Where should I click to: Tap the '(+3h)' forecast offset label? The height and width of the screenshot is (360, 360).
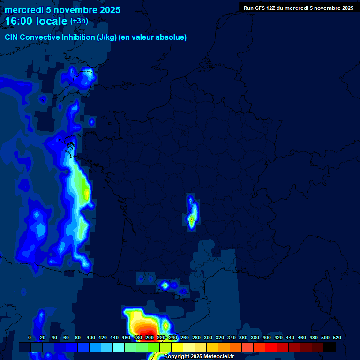[x=79, y=21]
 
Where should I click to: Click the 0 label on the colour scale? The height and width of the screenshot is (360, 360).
[x=30, y=337]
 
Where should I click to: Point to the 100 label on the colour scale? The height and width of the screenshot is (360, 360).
[x=91, y=337]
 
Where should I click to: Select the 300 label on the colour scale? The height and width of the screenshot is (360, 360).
[x=208, y=337]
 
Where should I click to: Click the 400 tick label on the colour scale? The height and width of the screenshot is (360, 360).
[x=267, y=337]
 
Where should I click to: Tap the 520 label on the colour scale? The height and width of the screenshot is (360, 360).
[x=337, y=337]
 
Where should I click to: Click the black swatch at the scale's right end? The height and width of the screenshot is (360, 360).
[x=330, y=347]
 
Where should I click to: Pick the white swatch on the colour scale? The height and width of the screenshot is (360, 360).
[x=189, y=347]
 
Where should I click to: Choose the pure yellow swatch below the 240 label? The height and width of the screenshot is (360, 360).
[x=177, y=347]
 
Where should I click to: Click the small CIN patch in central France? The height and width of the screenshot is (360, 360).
[x=191, y=213]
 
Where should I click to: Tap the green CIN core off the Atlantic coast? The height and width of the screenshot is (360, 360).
[x=86, y=192]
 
